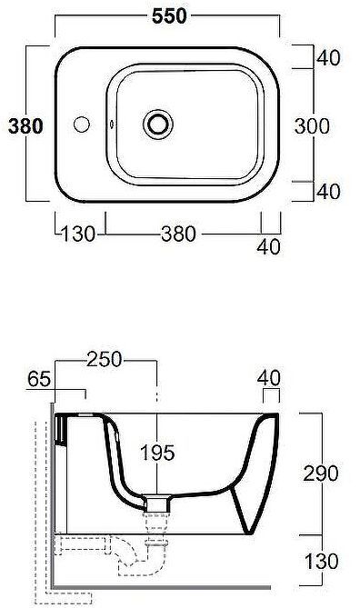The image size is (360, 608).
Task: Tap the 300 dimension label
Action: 311,126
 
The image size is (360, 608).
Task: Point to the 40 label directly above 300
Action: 327,58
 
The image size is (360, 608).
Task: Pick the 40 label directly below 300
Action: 327,192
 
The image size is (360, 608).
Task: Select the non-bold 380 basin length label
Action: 178,234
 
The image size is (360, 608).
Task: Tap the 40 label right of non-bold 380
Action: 269,245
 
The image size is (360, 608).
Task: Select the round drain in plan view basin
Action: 160,122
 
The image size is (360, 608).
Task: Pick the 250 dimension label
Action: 105,361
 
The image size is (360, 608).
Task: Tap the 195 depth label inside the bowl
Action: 157,452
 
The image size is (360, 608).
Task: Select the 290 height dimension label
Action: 321,473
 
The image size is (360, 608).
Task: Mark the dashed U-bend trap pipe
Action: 130,554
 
